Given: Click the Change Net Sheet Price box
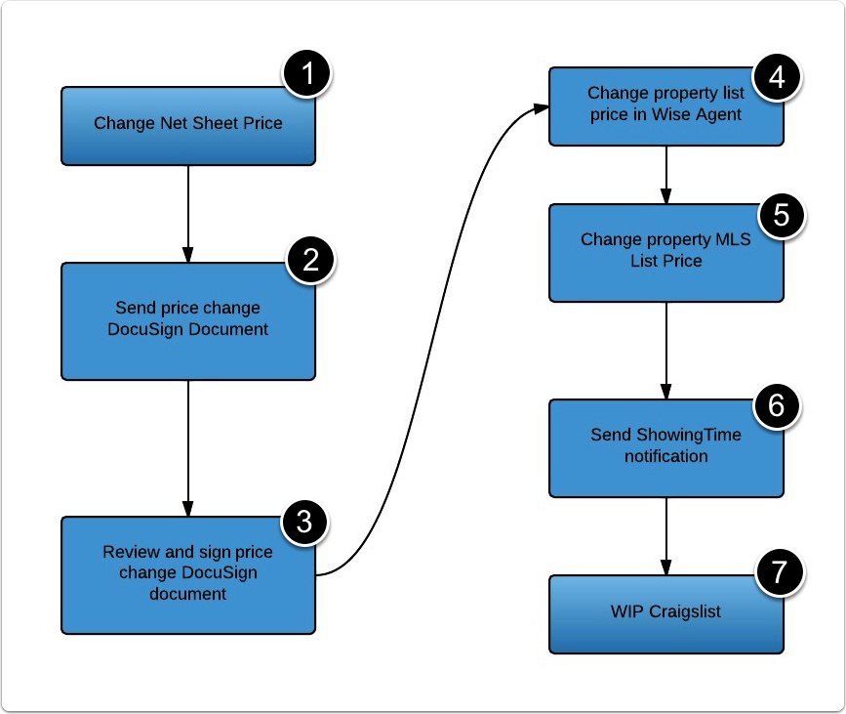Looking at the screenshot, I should pos(187,125).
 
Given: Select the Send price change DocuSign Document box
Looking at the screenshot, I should pos(187,320).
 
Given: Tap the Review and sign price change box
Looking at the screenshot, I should pos(187,574).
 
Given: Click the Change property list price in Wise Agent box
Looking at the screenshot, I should pos(665,106).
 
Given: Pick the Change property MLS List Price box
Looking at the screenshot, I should pos(665,252).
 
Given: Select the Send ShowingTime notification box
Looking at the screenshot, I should pos(665,446).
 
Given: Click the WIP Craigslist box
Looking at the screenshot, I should pos(665,613).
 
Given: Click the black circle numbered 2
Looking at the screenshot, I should pos(309,260).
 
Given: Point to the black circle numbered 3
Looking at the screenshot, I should pos(305,523).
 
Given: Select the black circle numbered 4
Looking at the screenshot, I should pos(777,77).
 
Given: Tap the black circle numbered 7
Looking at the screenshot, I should pos(780,572).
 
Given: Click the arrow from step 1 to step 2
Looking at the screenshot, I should pos(187,213).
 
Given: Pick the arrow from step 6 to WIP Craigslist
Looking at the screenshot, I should pos(666,535).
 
